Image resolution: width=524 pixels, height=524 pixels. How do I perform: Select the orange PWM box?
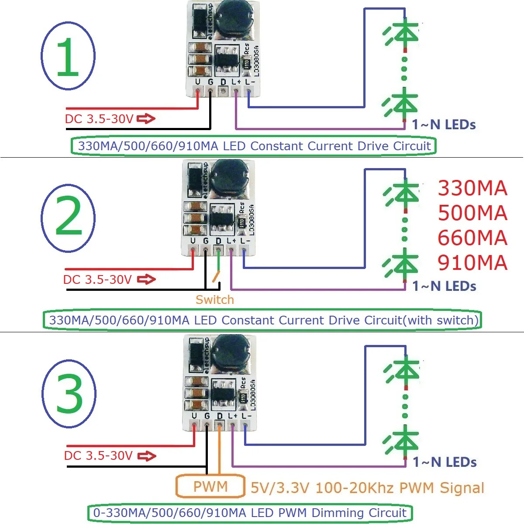pyautogui.click(x=210, y=486)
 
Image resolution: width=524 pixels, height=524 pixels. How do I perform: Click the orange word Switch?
pyautogui.click(x=214, y=300)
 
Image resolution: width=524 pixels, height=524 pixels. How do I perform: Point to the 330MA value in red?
pyautogui.click(x=472, y=188)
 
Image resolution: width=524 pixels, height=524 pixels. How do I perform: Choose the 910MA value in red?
pyautogui.click(x=472, y=262)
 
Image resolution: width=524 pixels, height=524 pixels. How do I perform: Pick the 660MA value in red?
pyautogui.click(x=472, y=238)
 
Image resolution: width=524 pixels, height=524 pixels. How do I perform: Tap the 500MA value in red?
pyautogui.click(x=472, y=213)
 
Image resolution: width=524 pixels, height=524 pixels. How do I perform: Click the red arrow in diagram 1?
pyautogui.click(x=146, y=118)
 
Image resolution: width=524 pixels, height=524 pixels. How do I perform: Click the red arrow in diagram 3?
pyautogui.click(x=147, y=456)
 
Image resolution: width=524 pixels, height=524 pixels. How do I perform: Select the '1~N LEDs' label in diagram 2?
pyautogui.click(x=444, y=286)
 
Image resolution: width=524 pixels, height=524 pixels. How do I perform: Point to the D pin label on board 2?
pyautogui.click(x=218, y=241)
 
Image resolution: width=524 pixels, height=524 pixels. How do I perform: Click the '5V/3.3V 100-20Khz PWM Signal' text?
pyautogui.click(x=367, y=488)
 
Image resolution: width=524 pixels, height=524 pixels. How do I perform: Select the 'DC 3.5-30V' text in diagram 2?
pyautogui.click(x=97, y=279)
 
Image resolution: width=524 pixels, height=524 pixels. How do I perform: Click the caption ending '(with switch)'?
pyautogui.click(x=262, y=320)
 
